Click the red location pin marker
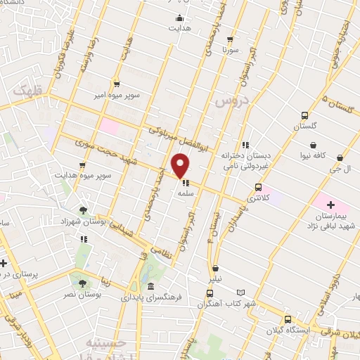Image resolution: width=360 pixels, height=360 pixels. click(x=181, y=166)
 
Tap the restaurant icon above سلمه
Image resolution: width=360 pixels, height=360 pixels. click(x=186, y=184)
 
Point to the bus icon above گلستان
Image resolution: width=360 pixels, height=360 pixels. click(x=304, y=116)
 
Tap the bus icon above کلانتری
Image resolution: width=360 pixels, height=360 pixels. click(x=258, y=187)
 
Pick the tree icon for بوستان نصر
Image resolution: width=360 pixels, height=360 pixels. click(x=82, y=283)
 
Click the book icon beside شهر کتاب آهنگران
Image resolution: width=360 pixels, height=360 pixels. click(x=241, y=292)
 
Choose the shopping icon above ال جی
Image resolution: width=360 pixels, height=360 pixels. click(x=340, y=158)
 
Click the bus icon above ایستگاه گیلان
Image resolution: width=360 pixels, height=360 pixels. click(x=287, y=319)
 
